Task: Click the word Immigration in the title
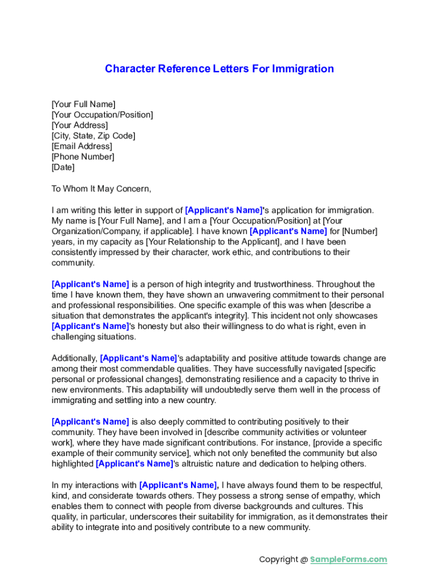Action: click(303, 69)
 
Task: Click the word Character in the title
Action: click(131, 69)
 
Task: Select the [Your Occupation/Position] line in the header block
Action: click(102, 115)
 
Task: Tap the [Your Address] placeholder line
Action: click(80, 125)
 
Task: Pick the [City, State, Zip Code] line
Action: click(94, 136)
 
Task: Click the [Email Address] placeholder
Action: click(82, 146)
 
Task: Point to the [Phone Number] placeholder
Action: click(83, 157)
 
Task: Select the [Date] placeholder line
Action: click(63, 167)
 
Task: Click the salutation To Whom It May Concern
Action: click(101, 188)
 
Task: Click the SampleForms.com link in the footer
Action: click(348, 560)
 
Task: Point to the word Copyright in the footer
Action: click(278, 560)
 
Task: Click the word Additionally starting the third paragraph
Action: click(74, 358)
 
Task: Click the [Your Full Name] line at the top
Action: click(83, 104)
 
